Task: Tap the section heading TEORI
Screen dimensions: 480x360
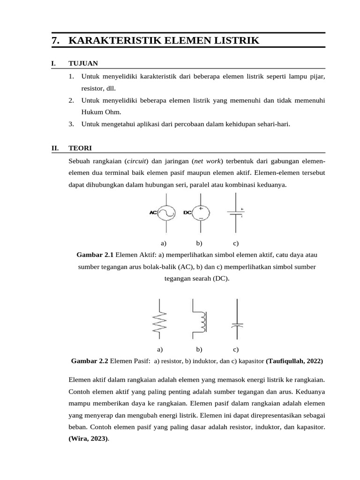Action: tap(80, 148)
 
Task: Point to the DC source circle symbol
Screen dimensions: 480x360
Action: tap(201, 213)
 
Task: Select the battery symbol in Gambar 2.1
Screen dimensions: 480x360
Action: tap(235, 213)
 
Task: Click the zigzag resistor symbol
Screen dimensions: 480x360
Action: tap(159, 319)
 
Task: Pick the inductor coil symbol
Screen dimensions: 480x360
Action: tap(199, 319)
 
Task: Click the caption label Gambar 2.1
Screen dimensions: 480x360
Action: tap(95, 255)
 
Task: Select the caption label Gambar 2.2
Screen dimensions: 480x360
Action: tap(89, 361)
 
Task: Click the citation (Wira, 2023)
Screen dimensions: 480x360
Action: tap(88, 439)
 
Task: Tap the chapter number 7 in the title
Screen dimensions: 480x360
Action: tap(55, 41)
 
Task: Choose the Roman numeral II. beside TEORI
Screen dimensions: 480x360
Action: tap(55, 148)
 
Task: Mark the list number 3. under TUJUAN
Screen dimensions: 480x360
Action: tap(71, 124)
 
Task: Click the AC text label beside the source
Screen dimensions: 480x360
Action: tap(153, 212)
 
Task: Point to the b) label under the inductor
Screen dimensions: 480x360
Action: tap(199, 349)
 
